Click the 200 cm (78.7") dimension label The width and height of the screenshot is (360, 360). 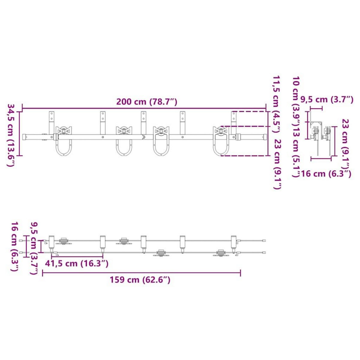point(147,102)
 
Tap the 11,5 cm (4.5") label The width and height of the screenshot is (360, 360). point(277,103)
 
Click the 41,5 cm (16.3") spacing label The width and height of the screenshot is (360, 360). point(76,264)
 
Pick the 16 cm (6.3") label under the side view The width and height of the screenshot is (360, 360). point(326,173)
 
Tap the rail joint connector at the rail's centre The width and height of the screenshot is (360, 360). point(144,137)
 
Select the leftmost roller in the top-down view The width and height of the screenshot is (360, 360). point(64,241)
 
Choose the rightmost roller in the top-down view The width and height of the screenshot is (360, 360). point(221,253)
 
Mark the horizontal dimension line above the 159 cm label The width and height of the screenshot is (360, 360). point(141,273)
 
